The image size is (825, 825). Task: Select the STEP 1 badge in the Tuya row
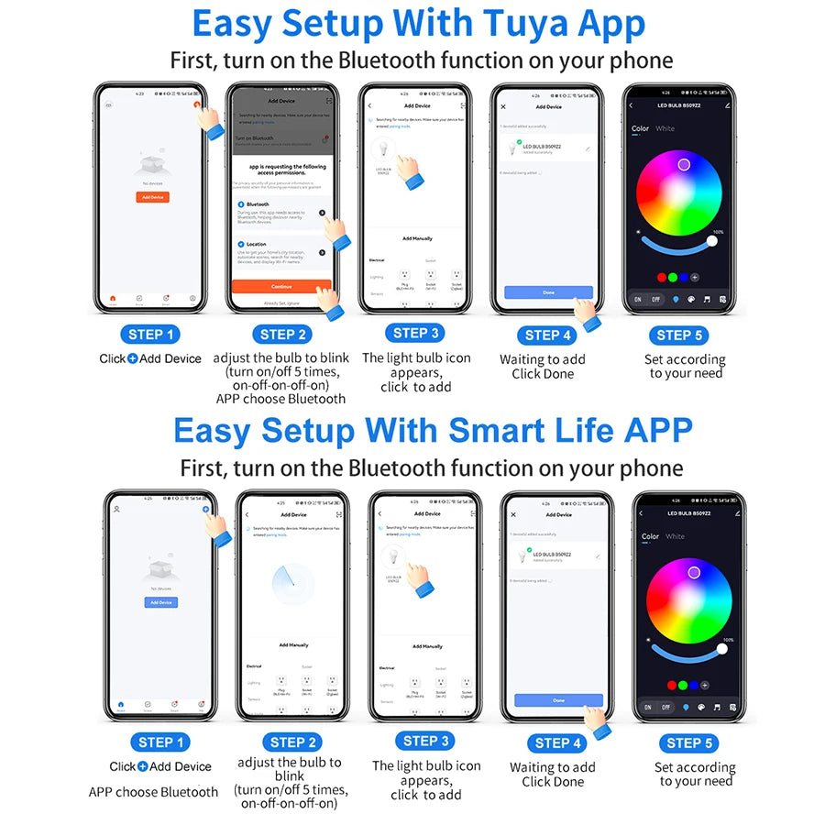pos(151,335)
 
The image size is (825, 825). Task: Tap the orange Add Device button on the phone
pos(152,197)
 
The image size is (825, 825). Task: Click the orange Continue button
pos(280,286)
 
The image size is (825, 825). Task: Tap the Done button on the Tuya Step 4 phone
pos(548,292)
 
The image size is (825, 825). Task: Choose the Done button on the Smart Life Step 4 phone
pos(559,700)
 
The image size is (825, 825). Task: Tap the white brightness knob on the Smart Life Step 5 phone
pos(722,649)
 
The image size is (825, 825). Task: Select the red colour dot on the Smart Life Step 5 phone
pos(673,685)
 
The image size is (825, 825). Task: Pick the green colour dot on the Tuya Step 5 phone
pos(673,276)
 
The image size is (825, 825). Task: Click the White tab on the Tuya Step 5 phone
pos(665,129)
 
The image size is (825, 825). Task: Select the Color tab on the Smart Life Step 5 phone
pos(650,537)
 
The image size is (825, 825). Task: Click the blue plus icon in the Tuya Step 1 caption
pos(132,358)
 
